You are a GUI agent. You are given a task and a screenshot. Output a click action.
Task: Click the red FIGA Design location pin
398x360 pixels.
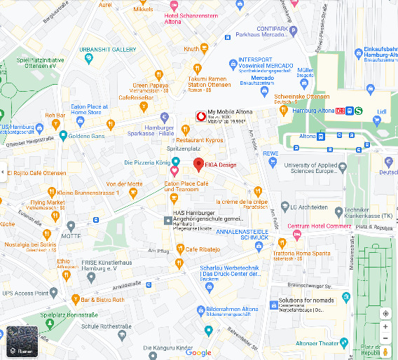pyautogui.click(x=198, y=165)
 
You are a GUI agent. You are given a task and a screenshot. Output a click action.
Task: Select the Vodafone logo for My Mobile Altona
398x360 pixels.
pyautogui.click(x=200, y=117)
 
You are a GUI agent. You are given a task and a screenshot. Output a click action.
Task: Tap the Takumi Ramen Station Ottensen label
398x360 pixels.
pyautogui.click(x=209, y=81)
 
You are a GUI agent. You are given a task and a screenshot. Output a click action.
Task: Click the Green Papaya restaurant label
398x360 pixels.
pyautogui.click(x=151, y=85)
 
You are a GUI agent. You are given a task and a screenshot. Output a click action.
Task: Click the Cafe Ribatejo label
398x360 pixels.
pyautogui.click(x=203, y=249)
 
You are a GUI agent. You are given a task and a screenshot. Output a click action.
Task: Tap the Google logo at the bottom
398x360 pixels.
pyautogui.click(x=199, y=352)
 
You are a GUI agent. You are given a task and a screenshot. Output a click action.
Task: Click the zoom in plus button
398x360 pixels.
pyautogui.click(x=385, y=327)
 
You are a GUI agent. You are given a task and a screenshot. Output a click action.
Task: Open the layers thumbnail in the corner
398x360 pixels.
pyautogui.click(x=21, y=343)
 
